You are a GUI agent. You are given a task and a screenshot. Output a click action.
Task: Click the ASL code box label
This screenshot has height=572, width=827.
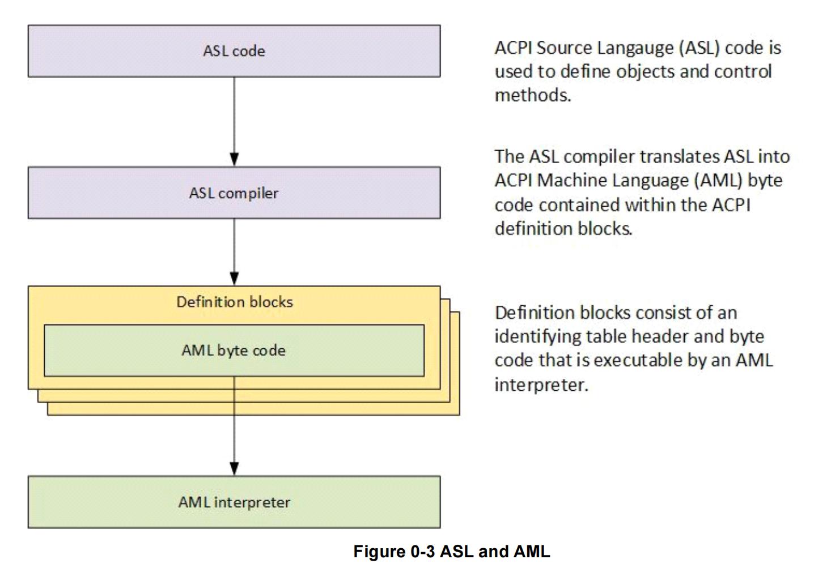point(234,51)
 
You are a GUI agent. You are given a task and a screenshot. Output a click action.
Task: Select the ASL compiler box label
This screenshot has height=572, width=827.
point(234,193)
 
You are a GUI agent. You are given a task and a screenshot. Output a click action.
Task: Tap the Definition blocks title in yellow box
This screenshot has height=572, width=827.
point(234,302)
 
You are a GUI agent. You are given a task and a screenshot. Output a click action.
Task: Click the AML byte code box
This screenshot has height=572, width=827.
point(234,351)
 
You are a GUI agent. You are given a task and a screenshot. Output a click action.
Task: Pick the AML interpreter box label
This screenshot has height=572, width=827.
point(234,502)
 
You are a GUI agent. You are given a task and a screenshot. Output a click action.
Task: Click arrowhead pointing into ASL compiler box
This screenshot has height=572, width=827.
point(234,159)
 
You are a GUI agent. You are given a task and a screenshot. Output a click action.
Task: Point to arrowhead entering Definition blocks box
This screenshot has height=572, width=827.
point(234,278)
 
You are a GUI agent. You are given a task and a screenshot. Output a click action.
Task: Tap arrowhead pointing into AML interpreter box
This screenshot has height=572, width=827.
point(234,468)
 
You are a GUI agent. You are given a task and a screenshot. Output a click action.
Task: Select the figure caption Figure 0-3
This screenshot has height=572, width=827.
point(451,552)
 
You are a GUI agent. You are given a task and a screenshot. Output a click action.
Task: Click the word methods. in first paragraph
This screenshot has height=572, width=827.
point(533,95)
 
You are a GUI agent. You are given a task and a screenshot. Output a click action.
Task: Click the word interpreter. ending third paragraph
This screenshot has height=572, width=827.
point(541,385)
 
